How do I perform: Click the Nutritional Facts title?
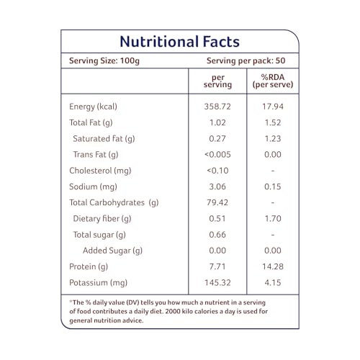(180, 42)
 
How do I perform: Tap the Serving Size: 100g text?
(104, 60)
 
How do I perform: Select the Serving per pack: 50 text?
(246, 60)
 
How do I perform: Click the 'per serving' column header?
(217, 81)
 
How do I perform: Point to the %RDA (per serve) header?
(273, 81)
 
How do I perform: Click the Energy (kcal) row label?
(93, 107)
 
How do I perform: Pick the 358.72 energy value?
(217, 107)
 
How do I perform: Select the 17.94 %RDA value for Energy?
(273, 107)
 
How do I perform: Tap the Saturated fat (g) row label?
(104, 139)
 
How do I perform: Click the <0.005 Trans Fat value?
(217, 155)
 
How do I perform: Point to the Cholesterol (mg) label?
(100, 171)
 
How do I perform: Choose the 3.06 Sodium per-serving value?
(217, 186)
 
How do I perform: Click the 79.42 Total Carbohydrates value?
(217, 202)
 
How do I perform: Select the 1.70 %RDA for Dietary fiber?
(273, 219)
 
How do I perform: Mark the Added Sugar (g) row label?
(112, 251)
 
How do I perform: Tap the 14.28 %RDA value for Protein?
(273, 266)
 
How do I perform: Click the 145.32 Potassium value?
(217, 283)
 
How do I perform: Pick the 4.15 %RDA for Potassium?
(273, 283)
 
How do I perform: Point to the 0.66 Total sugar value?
(217, 235)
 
